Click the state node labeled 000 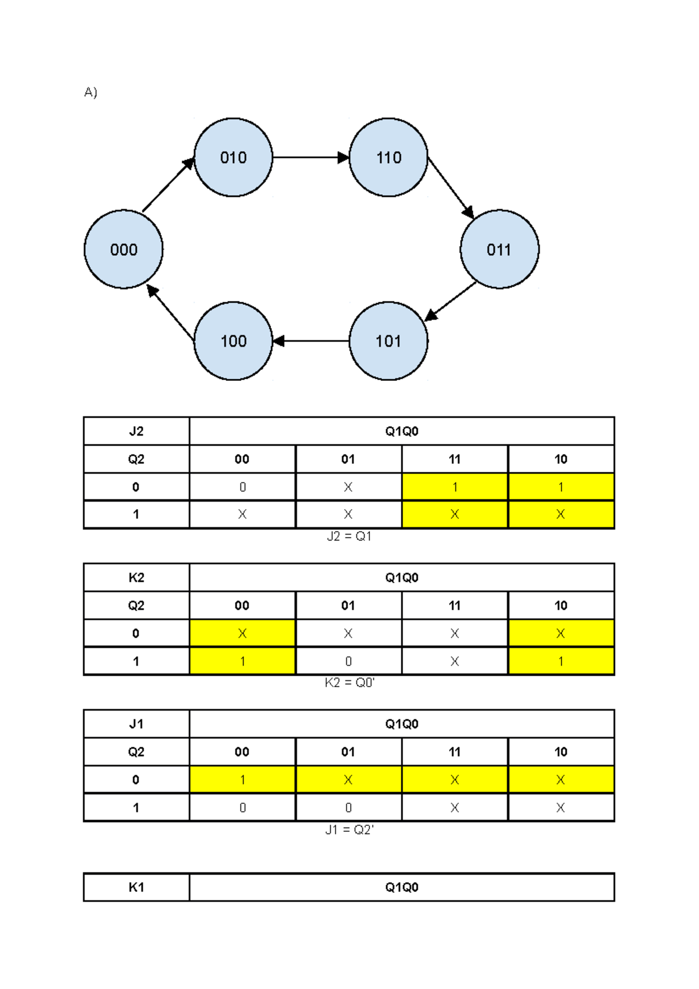pyautogui.click(x=123, y=249)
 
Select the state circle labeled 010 pyautogui.click(x=233, y=157)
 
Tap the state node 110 pyautogui.click(x=389, y=157)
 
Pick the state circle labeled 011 pyautogui.click(x=499, y=249)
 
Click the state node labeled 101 pyautogui.click(x=389, y=341)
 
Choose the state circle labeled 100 pyautogui.click(x=233, y=341)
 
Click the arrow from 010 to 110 pyautogui.click(x=310, y=157)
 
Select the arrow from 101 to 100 pyautogui.click(x=310, y=341)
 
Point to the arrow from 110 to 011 pyautogui.click(x=450, y=187)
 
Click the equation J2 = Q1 pyautogui.click(x=349, y=536)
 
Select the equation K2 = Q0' pyautogui.click(x=349, y=683)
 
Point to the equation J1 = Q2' pyautogui.click(x=349, y=829)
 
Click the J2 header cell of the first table pyautogui.click(x=136, y=432)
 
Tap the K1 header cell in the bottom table pyautogui.click(x=136, y=887)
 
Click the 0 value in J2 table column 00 pyautogui.click(x=242, y=487)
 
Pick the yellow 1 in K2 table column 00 pyautogui.click(x=242, y=661)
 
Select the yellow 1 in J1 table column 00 pyautogui.click(x=242, y=779)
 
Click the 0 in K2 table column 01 pyautogui.click(x=348, y=661)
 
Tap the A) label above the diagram pyautogui.click(x=90, y=92)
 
